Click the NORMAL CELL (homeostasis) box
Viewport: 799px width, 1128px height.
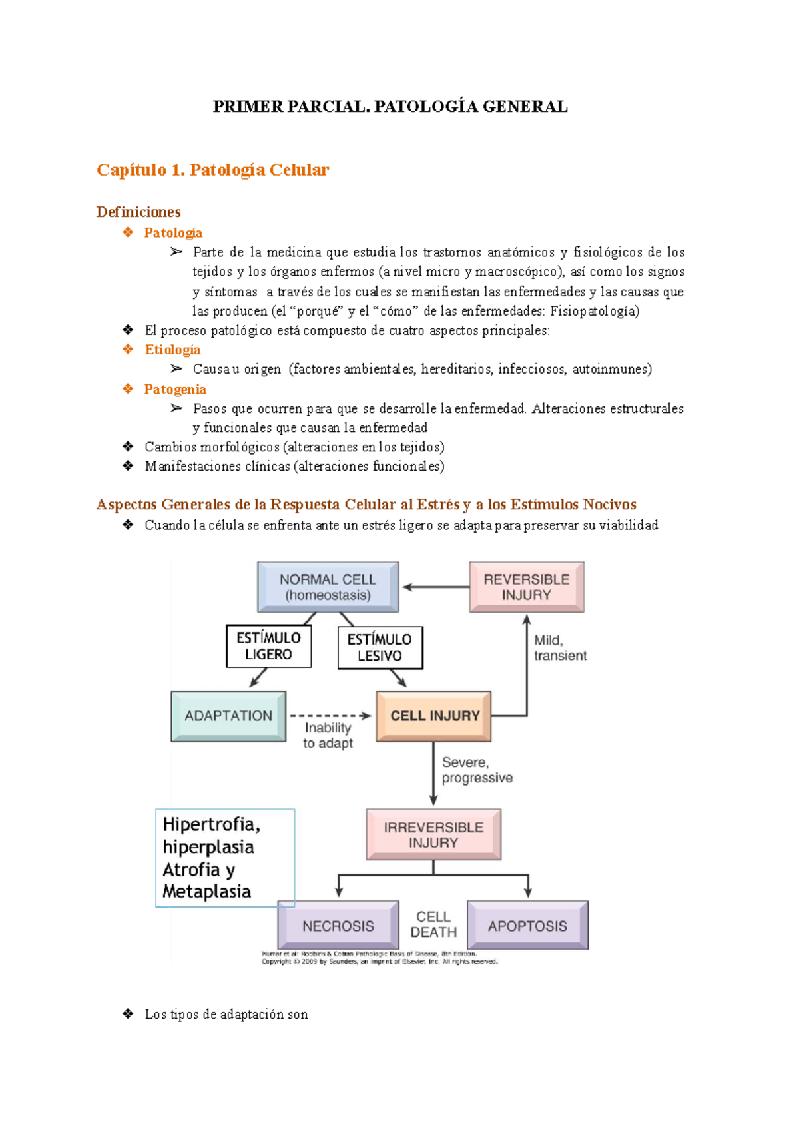328,587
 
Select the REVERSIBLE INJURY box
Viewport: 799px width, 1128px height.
526,587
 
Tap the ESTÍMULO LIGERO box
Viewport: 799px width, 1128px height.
268,646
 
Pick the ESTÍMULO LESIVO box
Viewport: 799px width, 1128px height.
380,647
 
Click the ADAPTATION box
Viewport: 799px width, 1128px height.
228,716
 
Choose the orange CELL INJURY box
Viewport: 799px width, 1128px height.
434,716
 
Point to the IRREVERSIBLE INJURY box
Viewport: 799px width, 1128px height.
433,834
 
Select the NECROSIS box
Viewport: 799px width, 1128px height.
338,925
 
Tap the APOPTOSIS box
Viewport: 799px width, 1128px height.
527,925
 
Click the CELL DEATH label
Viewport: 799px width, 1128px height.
433,924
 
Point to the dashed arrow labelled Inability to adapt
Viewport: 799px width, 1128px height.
330,716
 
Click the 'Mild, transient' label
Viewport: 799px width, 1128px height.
559,648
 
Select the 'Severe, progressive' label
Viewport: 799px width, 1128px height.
477,770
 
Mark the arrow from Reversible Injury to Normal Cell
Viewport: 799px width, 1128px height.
436,587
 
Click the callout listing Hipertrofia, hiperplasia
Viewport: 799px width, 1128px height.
224,858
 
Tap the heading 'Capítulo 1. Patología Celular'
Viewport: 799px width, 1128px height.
212,170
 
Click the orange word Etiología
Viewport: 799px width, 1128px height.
172,350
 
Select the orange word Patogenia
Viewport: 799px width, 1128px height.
175,389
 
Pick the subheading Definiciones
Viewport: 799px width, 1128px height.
138,212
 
